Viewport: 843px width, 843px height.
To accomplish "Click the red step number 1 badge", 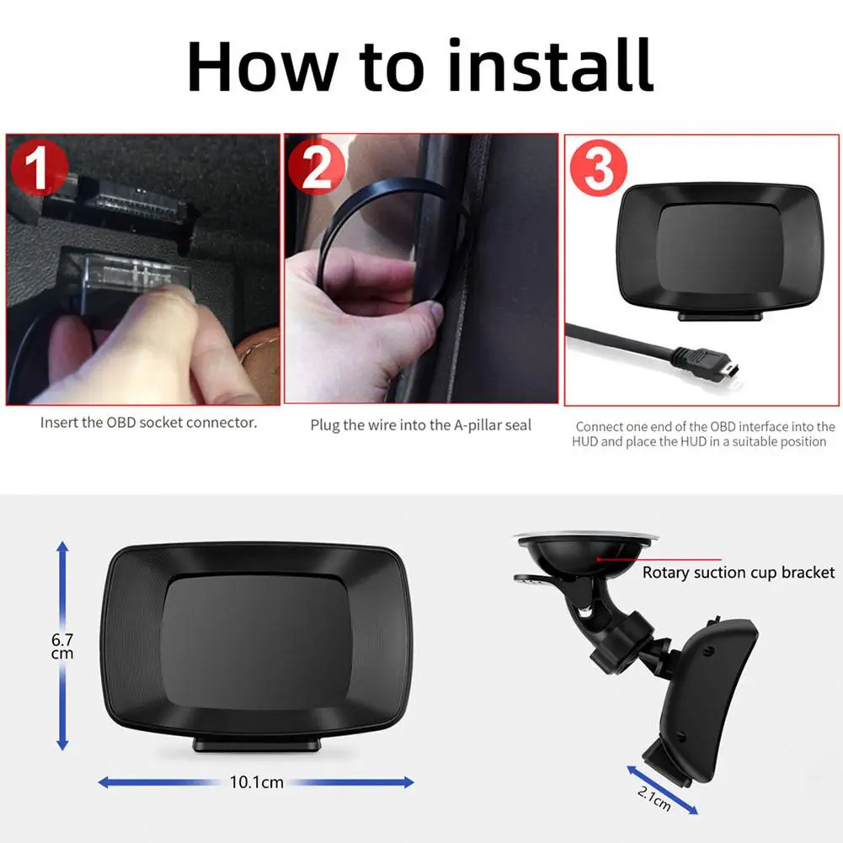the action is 40,168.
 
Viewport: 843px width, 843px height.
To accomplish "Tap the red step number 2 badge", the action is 316,166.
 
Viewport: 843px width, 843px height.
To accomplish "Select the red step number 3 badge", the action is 599,168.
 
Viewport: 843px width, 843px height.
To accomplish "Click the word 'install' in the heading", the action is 550,67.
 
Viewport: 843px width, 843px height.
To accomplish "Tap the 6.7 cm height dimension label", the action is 62,646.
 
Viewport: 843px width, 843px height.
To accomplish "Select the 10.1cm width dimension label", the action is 257,782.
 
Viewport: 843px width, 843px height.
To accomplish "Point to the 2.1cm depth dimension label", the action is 654,798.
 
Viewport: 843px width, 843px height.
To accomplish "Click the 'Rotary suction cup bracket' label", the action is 739,572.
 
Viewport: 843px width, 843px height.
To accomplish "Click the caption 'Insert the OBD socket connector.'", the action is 149,423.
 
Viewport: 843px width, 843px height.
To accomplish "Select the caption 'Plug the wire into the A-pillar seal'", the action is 421,425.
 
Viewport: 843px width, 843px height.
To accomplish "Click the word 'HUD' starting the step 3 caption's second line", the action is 585,442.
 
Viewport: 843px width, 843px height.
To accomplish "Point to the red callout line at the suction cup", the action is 659,559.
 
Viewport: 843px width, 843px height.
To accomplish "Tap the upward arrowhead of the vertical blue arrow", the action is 62,547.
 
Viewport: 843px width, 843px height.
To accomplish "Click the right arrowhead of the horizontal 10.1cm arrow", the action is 408,782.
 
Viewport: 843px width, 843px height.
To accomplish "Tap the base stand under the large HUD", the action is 257,744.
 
